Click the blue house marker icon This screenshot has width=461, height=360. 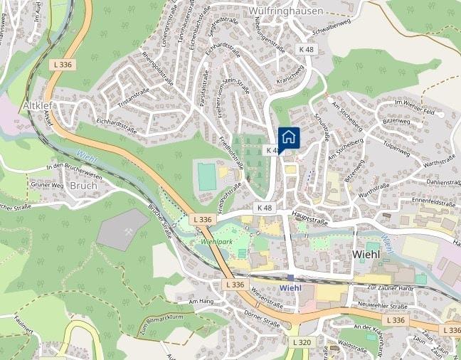(289, 138)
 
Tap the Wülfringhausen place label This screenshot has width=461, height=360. (285, 11)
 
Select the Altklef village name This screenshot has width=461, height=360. (38, 105)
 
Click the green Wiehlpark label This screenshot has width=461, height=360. (217, 241)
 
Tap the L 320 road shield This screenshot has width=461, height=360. (302, 342)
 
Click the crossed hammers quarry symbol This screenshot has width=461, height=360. (128, 231)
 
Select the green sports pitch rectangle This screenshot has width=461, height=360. (207, 176)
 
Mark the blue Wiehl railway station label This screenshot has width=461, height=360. (291, 287)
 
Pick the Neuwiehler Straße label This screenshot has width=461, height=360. (383, 307)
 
